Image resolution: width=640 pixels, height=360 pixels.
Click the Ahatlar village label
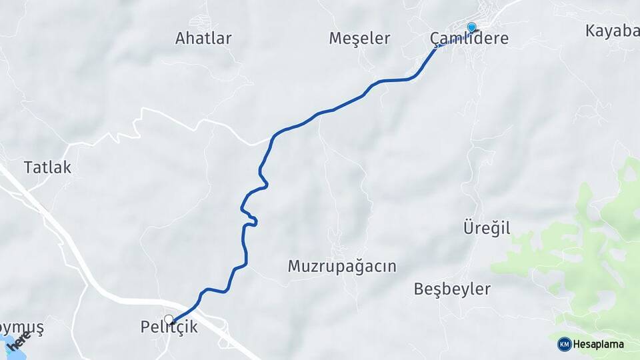[203, 38]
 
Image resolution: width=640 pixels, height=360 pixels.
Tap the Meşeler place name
[359, 38]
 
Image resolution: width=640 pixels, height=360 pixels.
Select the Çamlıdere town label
[469, 39]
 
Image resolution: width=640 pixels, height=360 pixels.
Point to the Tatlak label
[47, 167]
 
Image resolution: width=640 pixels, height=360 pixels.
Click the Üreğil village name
[487, 228]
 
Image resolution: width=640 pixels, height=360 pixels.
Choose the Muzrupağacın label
[342, 266]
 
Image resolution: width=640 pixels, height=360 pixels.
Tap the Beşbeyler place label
[452, 289]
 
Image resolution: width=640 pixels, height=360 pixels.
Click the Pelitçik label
[169, 327]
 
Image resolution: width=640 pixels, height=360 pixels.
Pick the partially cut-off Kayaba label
[612, 31]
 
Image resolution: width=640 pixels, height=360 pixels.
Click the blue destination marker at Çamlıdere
[472, 27]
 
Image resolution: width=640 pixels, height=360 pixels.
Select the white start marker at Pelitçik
[169, 320]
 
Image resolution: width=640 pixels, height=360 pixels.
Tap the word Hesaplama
[598, 344]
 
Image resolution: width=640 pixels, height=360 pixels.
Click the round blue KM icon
[564, 344]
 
